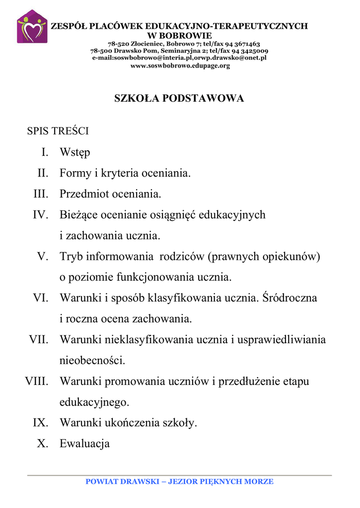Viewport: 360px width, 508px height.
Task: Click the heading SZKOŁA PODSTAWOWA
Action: (x=179, y=99)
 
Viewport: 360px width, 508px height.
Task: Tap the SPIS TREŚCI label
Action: (x=58, y=131)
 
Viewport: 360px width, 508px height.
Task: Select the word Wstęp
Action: (x=75, y=153)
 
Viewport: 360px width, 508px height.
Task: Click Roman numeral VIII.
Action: (x=37, y=381)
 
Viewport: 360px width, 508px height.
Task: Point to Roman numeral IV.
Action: (x=40, y=215)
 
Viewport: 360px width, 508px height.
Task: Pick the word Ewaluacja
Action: (x=84, y=444)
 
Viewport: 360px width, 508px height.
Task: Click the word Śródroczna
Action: (x=289, y=298)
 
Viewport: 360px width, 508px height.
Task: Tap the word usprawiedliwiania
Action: (x=282, y=340)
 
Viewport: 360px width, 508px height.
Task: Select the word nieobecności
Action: (x=92, y=361)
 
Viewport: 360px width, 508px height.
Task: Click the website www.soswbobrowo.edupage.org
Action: (x=180, y=66)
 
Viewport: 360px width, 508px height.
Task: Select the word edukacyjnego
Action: (x=94, y=402)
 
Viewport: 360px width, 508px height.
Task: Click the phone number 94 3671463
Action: (x=243, y=44)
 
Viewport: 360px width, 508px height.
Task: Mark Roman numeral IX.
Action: (x=41, y=423)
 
